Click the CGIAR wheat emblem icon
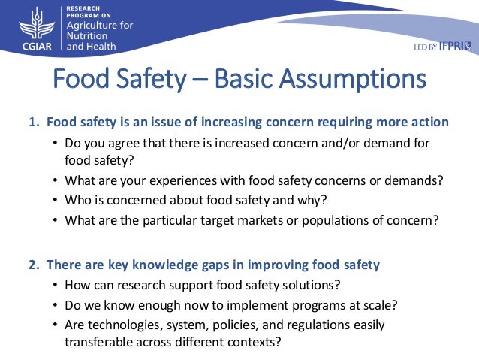(x=31, y=25)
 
